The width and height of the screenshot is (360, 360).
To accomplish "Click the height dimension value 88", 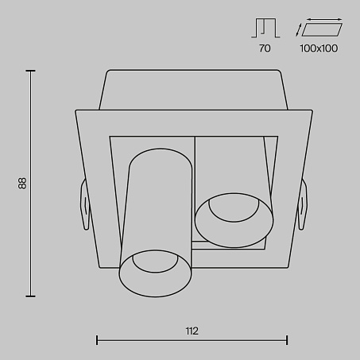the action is coord(22,184).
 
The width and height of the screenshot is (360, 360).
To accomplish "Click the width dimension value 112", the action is coord(192,331).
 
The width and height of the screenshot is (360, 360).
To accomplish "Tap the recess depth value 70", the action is coord(265,48).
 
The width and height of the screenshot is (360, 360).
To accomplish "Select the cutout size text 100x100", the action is coord(319,48).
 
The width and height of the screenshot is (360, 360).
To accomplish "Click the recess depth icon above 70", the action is coord(265,28).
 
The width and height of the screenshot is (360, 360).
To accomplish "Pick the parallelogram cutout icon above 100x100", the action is coord(322,29).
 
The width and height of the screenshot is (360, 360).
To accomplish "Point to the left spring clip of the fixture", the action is coord(85,204).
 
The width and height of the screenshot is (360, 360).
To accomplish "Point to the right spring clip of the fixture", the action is coord(303,204).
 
